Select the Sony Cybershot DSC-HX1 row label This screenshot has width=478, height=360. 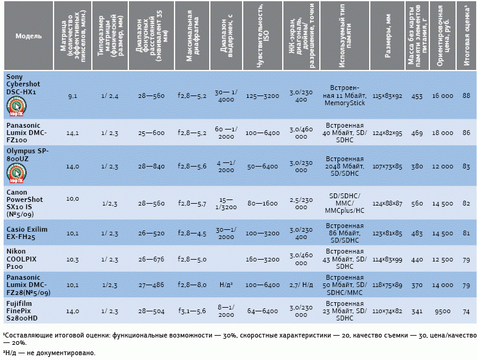click(x=21, y=84)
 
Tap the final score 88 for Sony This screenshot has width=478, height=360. click(x=466, y=96)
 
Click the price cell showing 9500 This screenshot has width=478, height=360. click(x=442, y=310)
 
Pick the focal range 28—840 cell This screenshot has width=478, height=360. click(x=151, y=166)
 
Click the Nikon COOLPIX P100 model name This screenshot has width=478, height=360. click(x=22, y=258)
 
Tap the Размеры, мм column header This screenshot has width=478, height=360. click(x=387, y=36)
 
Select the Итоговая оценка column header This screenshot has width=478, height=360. click(x=466, y=36)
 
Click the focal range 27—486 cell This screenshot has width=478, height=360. click(x=151, y=285)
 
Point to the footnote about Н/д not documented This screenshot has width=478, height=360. click(x=49, y=353)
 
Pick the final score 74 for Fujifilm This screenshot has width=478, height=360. click(x=466, y=310)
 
